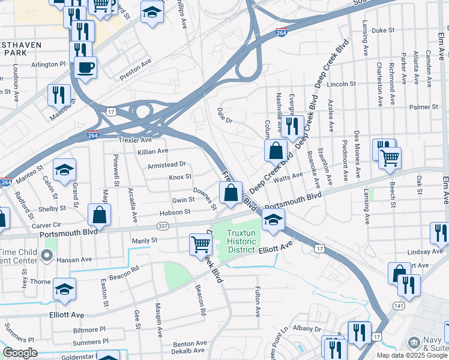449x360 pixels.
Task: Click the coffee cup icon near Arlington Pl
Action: [x=85, y=67]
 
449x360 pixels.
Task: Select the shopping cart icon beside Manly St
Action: [x=200, y=244]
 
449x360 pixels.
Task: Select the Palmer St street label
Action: [x=425, y=107]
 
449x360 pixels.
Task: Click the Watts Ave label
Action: [x=288, y=178]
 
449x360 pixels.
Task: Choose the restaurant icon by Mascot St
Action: [x=59, y=94]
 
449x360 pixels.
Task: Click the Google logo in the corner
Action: [x=20, y=353]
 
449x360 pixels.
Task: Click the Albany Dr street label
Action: [x=307, y=329]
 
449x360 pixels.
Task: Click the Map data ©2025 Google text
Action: [x=411, y=355]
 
